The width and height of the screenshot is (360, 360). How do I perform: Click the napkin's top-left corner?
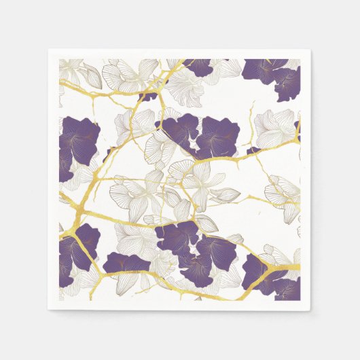pyautogui.click(x=49, y=50)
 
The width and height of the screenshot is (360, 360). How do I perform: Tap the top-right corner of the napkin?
pyautogui.click(x=310, y=50)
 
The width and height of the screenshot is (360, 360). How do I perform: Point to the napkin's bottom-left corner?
pyautogui.click(x=49, y=310)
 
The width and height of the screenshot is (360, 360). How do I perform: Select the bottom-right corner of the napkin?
pyautogui.click(x=310, y=310)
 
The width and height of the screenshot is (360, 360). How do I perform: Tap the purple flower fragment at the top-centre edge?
pyautogui.click(x=198, y=66)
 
